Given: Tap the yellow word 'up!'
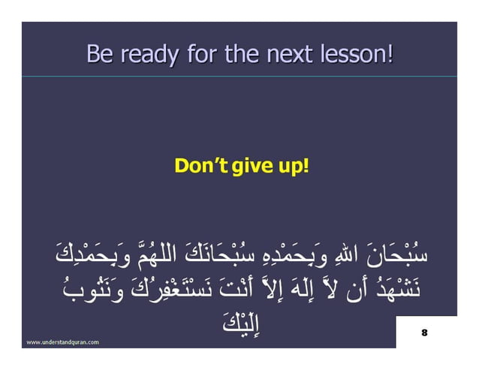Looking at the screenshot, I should point(290,164).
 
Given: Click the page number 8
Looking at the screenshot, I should point(424,332).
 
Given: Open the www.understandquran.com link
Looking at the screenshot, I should point(63,341).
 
